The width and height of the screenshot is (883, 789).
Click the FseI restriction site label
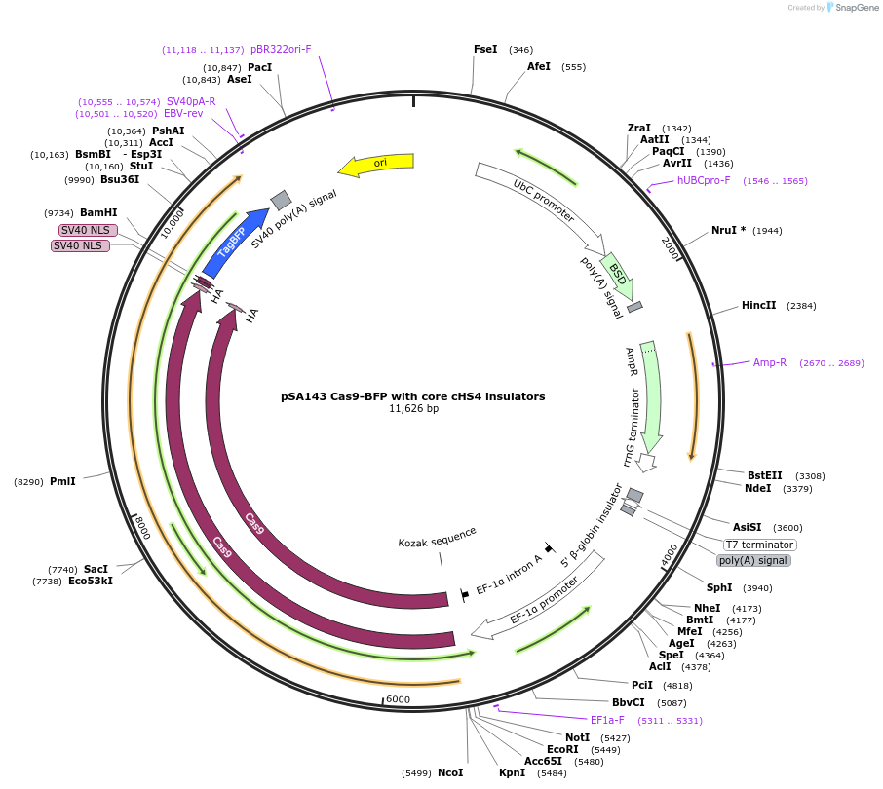pos(485,49)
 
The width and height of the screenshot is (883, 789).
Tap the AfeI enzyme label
pos(539,67)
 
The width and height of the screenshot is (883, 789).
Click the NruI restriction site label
pos(728,230)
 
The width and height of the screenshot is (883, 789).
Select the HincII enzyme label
pos(759,305)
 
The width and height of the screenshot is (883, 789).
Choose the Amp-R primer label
pos(770,362)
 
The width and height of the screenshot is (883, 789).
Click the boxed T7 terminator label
pos(760,545)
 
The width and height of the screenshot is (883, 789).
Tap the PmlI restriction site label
pos(62,481)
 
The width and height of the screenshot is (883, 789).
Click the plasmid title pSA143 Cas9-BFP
pos(413,396)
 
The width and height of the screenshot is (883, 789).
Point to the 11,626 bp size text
pos(413,409)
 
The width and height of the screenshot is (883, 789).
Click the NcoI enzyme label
pos(450,772)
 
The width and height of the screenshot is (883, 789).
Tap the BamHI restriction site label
pos(98,212)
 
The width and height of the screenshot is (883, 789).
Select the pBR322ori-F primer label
pos(281,49)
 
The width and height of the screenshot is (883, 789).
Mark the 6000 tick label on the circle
pos(398,699)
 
